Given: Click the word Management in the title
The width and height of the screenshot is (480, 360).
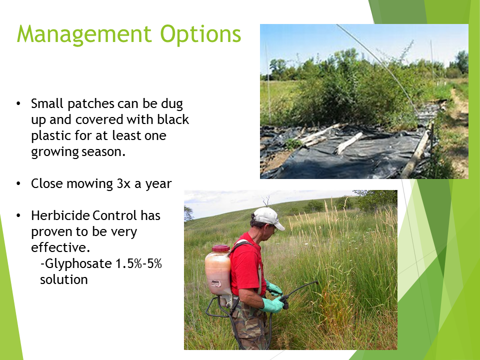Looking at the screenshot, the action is coord(84,34).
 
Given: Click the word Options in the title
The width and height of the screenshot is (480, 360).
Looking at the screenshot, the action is coord(200,34).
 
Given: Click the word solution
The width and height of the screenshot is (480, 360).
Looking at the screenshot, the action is coord(63,279).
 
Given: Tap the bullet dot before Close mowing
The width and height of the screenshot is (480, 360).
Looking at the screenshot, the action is coord(18,183).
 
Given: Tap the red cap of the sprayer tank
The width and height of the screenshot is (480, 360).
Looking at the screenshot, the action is coord(220,248).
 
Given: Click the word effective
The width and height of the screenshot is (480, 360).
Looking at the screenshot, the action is coord(60,247).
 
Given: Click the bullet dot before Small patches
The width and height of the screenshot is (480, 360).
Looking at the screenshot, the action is coord(18,104).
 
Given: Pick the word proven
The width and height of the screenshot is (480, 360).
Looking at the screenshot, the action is coord(50,232).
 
